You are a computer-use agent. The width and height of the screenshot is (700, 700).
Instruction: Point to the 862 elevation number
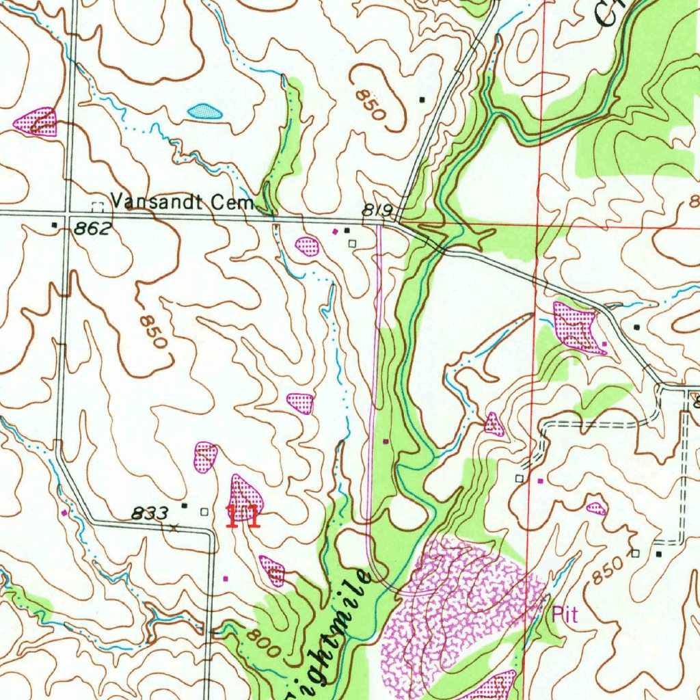(x=92, y=228)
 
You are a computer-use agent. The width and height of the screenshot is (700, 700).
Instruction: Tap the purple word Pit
(x=565, y=614)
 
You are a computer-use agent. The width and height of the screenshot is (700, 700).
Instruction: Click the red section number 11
(x=243, y=516)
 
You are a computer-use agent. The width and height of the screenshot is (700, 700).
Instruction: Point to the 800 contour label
(x=263, y=643)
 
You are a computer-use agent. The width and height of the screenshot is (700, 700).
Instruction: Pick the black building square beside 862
(x=55, y=224)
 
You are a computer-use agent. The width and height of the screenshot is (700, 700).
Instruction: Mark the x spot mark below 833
(x=174, y=527)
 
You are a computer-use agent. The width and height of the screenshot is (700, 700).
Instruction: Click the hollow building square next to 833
(x=204, y=511)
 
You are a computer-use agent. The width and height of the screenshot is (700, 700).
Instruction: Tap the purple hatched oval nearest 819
(x=307, y=245)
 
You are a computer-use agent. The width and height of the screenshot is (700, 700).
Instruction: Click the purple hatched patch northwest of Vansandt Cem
(x=36, y=122)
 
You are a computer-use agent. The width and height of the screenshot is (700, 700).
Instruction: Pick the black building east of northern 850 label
(x=422, y=99)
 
